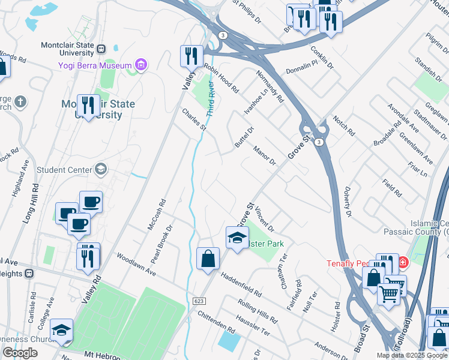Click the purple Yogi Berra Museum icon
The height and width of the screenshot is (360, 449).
pyautogui.click(x=141, y=65)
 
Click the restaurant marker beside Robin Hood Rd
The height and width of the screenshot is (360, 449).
pyautogui.click(x=191, y=56)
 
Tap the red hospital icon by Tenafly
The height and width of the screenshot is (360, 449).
pyautogui.click(x=403, y=262)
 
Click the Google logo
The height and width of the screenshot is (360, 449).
pyautogui.click(x=20, y=352)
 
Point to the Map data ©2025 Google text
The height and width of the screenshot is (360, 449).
pyautogui.click(x=412, y=355)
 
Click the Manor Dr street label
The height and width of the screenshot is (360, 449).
pyautogui.click(x=264, y=155)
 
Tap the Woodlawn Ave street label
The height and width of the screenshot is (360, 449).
pyautogui.click(x=137, y=265)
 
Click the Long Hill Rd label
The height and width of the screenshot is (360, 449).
pyautogui.click(x=31, y=204)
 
